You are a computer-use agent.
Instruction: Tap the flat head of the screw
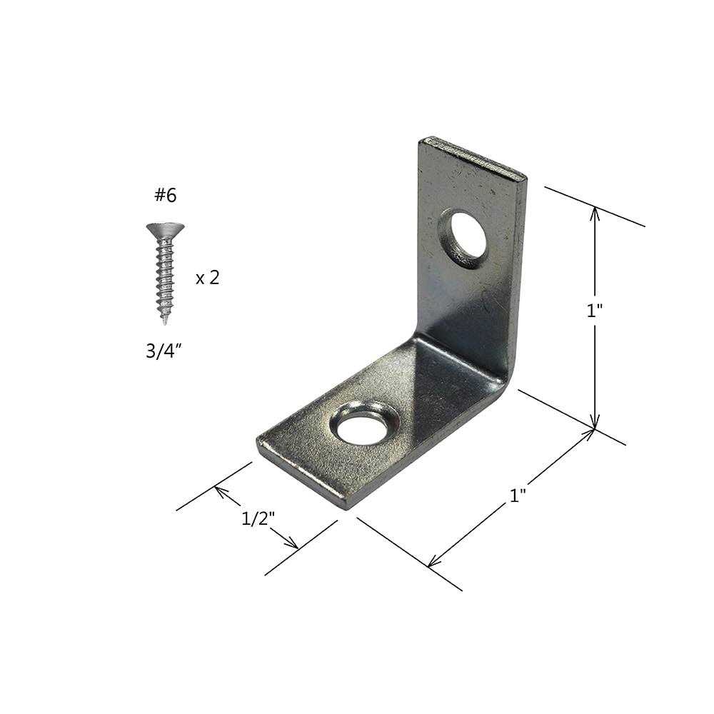coord(165,229)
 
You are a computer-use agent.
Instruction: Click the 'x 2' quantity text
coord(207,278)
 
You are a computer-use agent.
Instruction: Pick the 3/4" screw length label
coord(164,352)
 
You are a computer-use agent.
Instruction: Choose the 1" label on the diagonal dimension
coord(518,496)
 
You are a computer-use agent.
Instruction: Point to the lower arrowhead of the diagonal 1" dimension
coord(431,563)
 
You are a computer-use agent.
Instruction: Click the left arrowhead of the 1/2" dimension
coord(218,491)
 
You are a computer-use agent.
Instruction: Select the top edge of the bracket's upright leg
coord(473,154)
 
